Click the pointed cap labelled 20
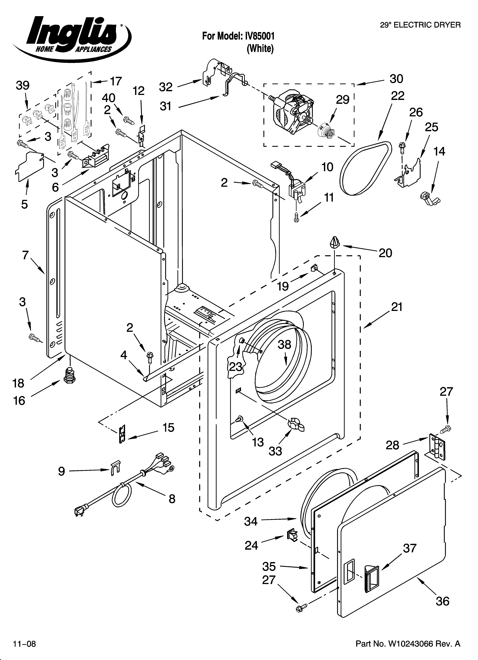click(x=335, y=242)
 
